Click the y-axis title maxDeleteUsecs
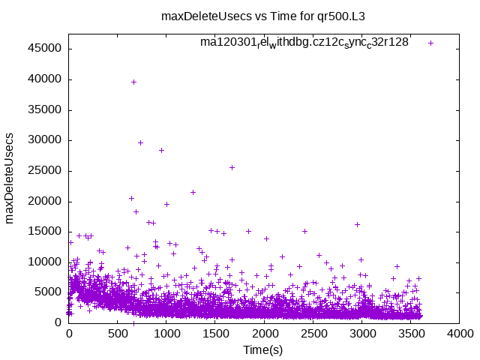pos(10,178)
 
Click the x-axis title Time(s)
pos(262,349)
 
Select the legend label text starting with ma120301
pos(304,43)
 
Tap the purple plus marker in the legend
pos(430,43)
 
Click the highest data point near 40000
pos(133,82)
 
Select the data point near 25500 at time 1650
pos(232,167)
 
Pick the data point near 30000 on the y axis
pos(140,142)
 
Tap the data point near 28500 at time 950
pos(161,150)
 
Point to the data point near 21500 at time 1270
pos(193,192)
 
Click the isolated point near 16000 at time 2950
pos(357,224)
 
